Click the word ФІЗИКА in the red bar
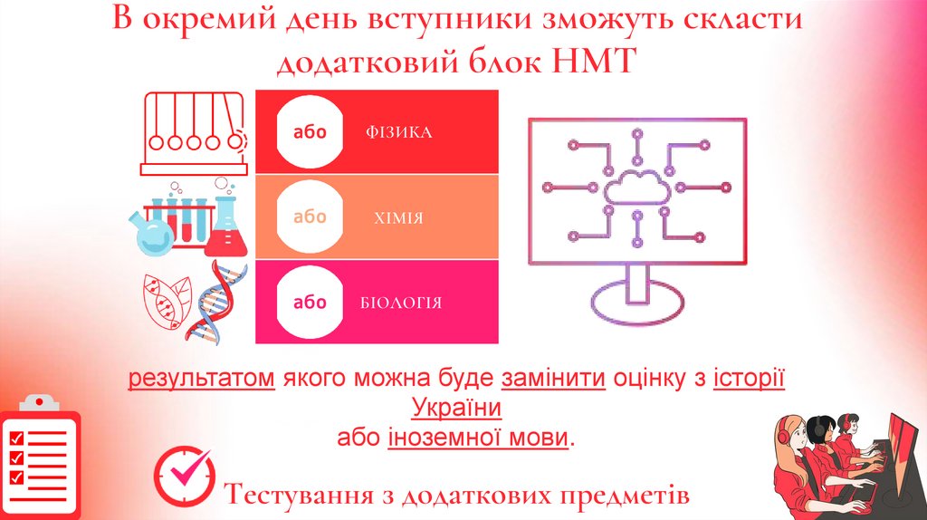tap(399, 133)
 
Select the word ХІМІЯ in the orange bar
tap(398, 218)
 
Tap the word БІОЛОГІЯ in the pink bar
tap(400, 303)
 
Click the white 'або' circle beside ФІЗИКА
tap(310, 132)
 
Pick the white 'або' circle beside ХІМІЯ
tap(310, 217)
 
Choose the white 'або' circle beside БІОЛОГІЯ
tap(310, 302)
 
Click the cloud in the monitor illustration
tap(636, 187)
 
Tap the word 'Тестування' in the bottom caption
tap(299, 496)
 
